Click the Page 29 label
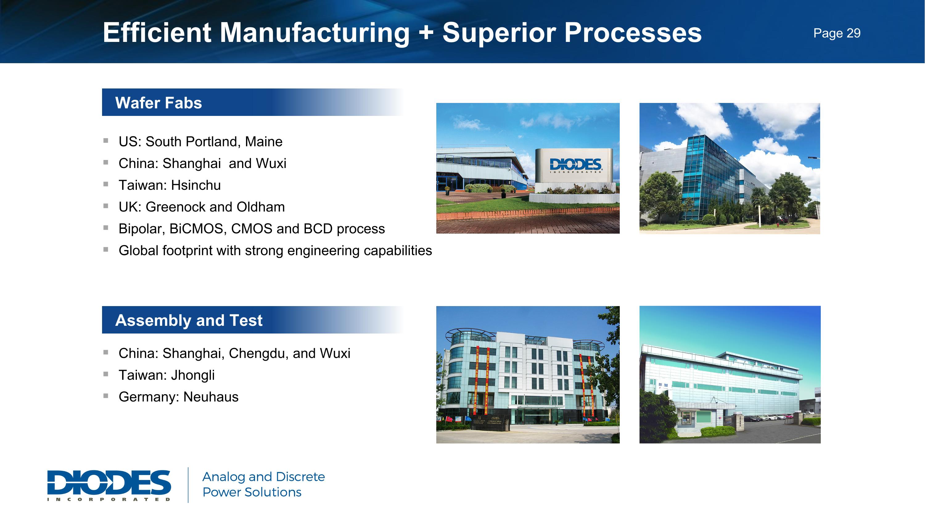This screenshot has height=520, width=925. coord(837,33)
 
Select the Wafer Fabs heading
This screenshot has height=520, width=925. coord(158,103)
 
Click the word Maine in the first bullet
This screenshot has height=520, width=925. coord(264,142)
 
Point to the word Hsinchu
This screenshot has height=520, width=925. coord(196,185)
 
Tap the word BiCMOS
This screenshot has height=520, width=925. coord(198,229)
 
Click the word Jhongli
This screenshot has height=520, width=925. coord(192,375)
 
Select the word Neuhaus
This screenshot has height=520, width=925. coord(211,397)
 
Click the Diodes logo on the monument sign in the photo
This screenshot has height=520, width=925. coord(575,165)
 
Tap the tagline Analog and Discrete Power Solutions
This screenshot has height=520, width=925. coord(263,485)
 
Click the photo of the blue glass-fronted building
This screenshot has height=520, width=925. coord(729,169)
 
